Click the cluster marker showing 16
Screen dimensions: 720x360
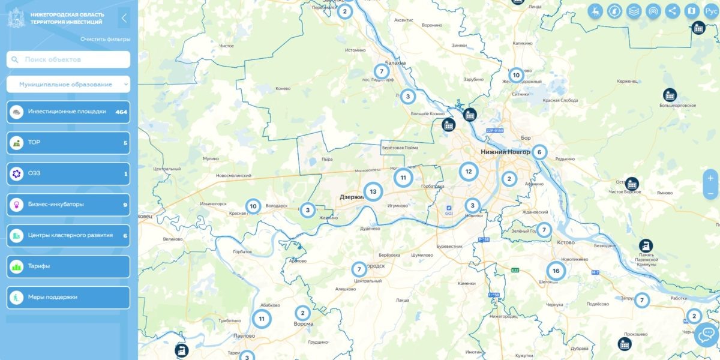(556, 271)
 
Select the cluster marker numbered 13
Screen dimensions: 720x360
(373, 192)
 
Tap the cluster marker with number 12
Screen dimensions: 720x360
(469, 172)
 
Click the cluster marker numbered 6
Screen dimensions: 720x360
(539, 152)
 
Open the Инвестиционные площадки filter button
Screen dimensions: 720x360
(68, 112)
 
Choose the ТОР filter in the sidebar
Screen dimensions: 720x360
(68, 143)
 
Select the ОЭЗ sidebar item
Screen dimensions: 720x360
(68, 174)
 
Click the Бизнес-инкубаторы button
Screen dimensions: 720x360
(68, 205)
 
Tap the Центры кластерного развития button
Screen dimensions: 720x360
(68, 235)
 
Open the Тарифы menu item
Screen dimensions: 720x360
(68, 266)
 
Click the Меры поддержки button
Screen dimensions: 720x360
(68, 297)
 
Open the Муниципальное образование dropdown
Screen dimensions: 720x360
(68, 85)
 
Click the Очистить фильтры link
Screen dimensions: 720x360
(105, 39)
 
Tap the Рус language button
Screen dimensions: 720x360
(710, 11)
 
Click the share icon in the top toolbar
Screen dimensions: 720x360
(673, 11)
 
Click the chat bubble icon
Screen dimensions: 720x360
(707, 334)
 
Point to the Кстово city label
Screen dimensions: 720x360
(566, 242)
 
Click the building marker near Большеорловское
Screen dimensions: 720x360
(670, 95)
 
